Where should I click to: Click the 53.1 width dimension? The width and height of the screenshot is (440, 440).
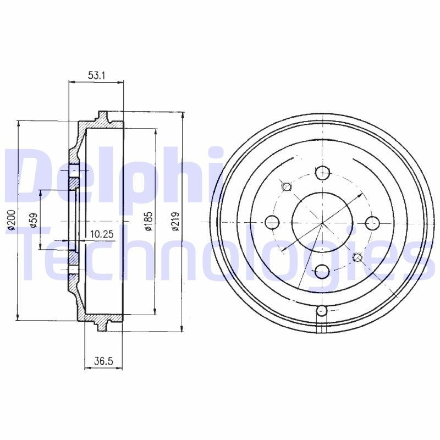pyautogui.click(x=96, y=75)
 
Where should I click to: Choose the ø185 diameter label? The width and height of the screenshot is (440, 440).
pyautogui.click(x=148, y=221)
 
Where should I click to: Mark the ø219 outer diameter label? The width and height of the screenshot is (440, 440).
pyautogui.click(x=175, y=222)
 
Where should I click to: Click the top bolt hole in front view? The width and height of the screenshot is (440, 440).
pyautogui.click(x=323, y=173)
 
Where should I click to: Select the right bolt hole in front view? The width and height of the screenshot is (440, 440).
pyautogui.click(x=373, y=223)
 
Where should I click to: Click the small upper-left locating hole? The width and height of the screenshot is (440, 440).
pyautogui.click(x=286, y=186)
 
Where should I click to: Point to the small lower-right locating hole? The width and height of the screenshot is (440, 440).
pyautogui.click(x=358, y=257)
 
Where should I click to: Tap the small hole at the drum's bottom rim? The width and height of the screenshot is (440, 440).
pyautogui.click(x=323, y=312)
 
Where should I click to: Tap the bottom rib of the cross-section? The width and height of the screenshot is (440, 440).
pyautogui.click(x=102, y=326)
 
